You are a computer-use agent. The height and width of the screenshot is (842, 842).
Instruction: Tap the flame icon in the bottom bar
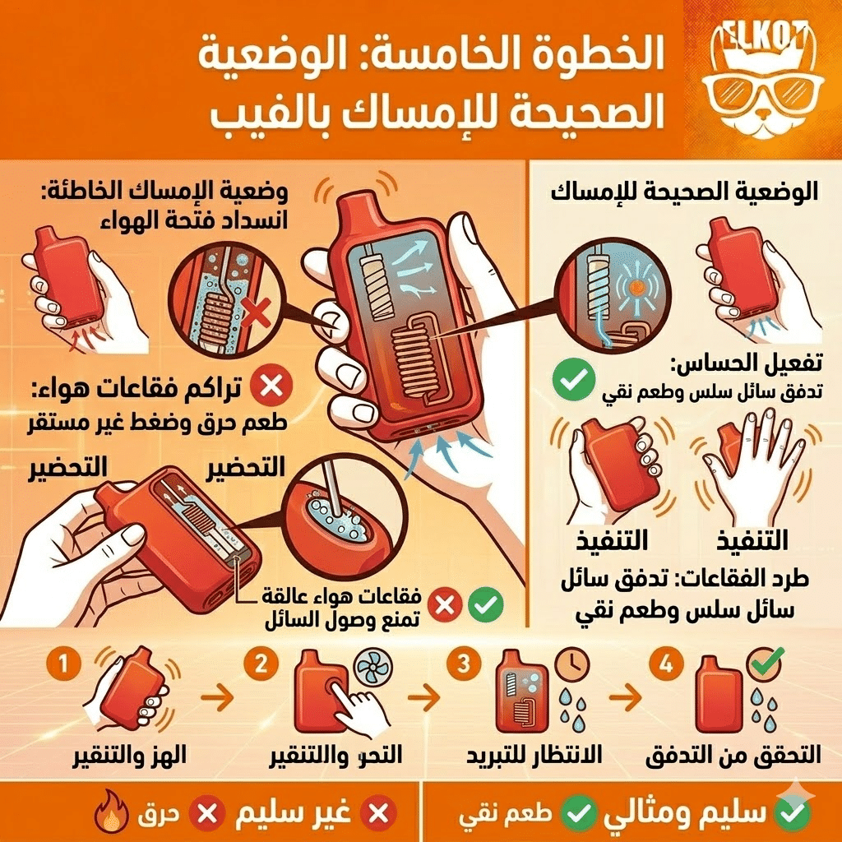point(109,814)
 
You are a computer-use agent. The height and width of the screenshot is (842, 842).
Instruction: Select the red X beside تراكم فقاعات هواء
point(266,388)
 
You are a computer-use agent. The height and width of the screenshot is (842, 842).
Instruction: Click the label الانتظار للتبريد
point(534,755)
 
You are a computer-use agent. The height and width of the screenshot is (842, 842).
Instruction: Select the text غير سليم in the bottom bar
point(293,814)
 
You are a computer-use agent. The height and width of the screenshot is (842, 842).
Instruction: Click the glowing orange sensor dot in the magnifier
point(633,291)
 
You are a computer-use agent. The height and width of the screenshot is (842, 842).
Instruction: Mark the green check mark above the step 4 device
point(769,659)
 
